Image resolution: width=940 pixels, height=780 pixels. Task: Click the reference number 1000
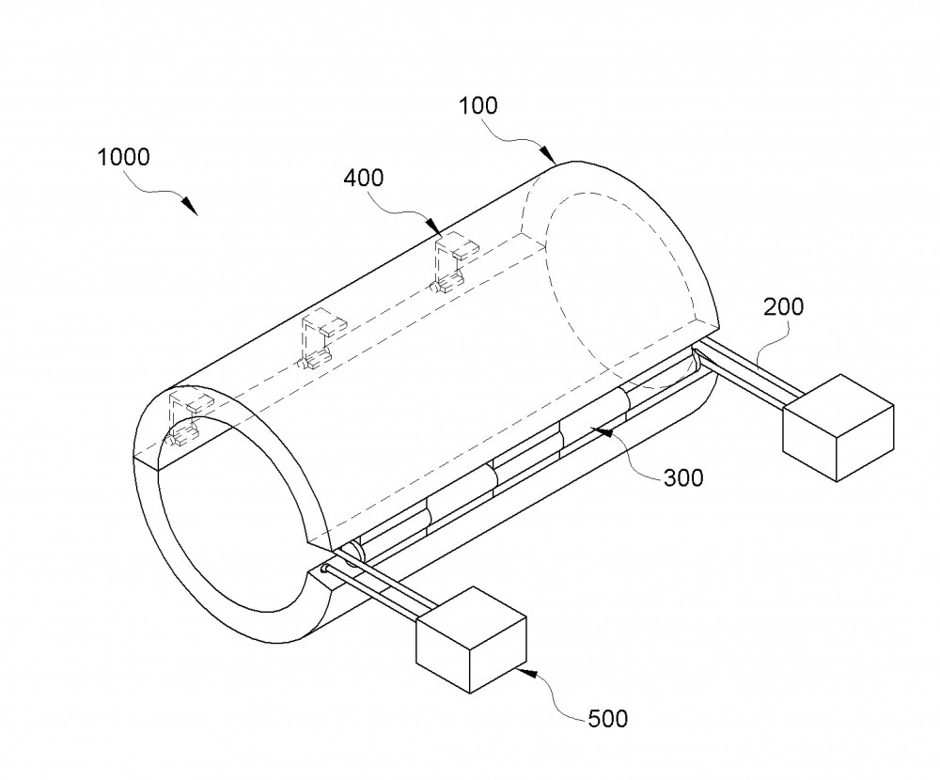123,157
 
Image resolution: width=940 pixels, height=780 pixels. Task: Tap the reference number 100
478,105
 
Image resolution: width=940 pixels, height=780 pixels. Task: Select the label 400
364,178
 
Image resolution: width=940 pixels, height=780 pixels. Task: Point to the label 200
783,307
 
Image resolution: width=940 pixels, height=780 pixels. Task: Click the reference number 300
683,477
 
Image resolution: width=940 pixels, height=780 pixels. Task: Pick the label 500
608,718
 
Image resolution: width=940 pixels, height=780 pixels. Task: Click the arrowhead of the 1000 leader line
190,206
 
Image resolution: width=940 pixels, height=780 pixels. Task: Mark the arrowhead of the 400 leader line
434,226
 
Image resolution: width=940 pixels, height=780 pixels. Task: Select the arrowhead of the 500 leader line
525,673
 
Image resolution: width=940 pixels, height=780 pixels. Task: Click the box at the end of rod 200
838,428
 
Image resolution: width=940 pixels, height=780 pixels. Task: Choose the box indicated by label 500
471,640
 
